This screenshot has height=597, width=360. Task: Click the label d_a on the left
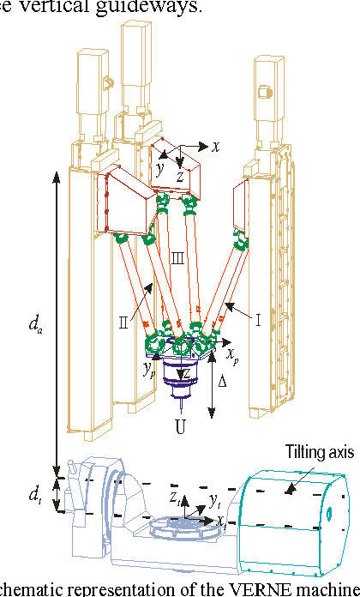[34, 324]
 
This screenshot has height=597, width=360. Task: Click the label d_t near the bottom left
[34, 494]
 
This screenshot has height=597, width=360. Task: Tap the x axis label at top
[216, 146]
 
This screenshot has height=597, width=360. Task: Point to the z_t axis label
[174, 497]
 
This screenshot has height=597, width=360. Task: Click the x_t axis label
[221, 521]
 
